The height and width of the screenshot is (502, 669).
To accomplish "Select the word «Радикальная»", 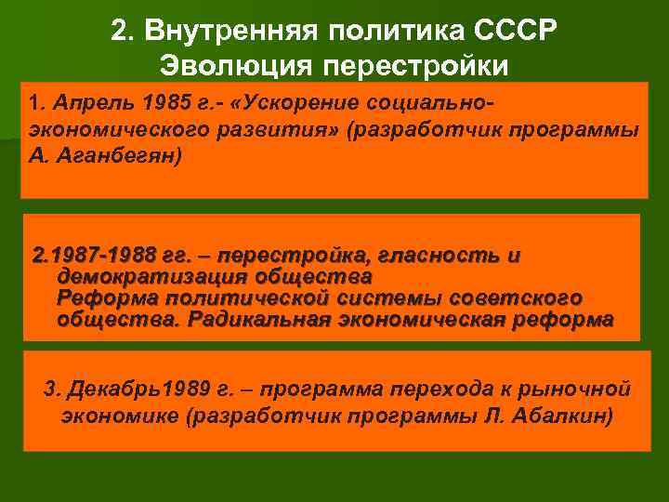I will pos(262,320).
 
